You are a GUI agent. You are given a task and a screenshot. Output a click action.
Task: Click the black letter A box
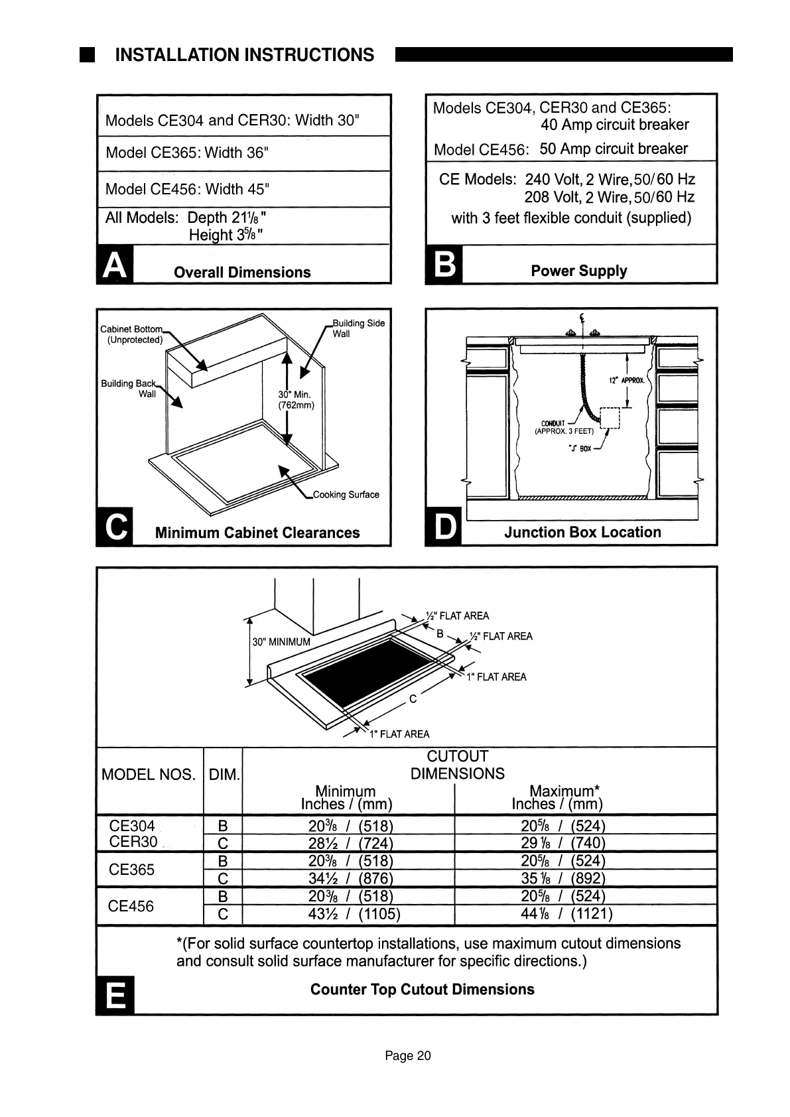click(115, 265)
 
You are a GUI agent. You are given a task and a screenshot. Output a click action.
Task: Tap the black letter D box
click(444, 528)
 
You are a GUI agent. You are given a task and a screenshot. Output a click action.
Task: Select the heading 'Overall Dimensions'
click(242, 273)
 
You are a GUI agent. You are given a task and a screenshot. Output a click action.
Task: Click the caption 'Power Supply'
click(578, 271)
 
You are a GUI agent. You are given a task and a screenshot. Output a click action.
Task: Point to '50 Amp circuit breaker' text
click(614, 149)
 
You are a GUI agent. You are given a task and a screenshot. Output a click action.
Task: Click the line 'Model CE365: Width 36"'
click(187, 153)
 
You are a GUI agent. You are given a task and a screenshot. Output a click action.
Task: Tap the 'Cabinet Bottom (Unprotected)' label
click(132, 334)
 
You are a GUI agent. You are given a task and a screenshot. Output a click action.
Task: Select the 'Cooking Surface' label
click(346, 495)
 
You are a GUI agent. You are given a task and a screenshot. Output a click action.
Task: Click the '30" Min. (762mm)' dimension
click(296, 400)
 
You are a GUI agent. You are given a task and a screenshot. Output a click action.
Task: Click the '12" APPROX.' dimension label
click(626, 381)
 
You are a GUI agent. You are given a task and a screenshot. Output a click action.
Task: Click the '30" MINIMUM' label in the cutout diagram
click(281, 642)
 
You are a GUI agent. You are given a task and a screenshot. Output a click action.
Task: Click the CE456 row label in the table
click(131, 906)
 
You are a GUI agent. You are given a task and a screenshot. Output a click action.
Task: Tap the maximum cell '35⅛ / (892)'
click(563, 879)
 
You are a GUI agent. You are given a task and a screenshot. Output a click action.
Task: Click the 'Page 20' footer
click(408, 1056)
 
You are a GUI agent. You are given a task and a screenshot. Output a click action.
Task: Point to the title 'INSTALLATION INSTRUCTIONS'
click(244, 55)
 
